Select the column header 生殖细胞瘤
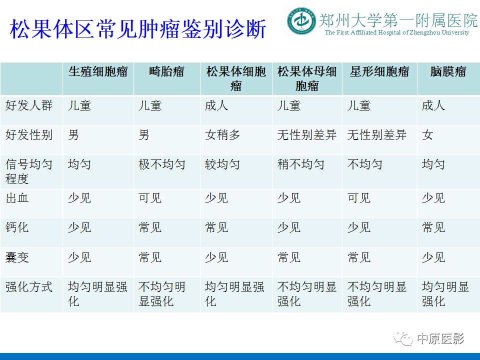98,71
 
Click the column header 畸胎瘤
167,71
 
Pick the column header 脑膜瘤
448,71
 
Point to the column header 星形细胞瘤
379,71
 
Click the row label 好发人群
29,106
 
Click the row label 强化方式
29,287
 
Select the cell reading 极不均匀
162,164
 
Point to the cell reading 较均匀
222,164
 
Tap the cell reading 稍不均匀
301,164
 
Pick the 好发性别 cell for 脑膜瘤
427,135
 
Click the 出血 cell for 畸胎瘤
150,198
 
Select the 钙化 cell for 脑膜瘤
433,227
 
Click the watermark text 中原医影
440,338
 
